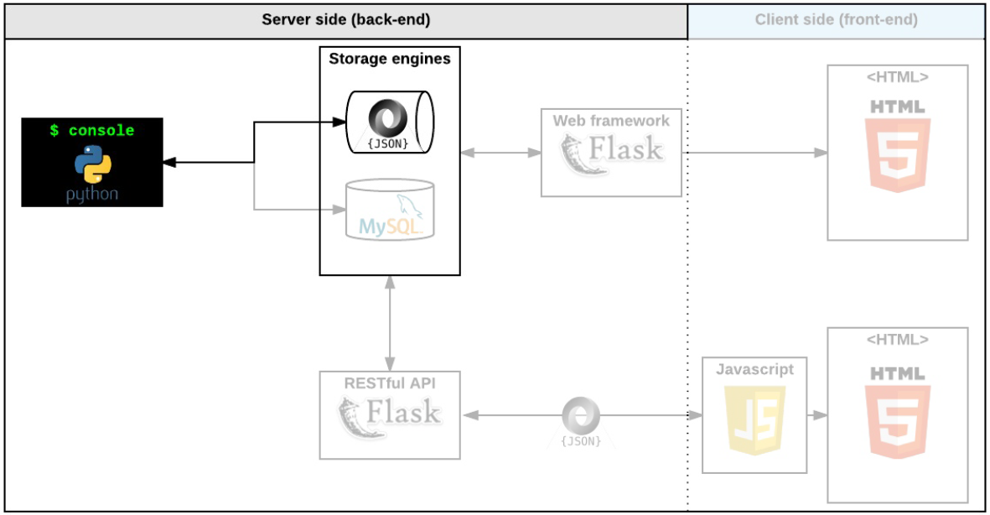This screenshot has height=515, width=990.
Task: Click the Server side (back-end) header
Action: [346, 20]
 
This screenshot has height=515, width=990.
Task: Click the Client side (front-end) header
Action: [836, 20]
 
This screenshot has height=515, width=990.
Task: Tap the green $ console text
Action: [92, 131]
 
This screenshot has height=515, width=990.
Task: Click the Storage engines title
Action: [390, 59]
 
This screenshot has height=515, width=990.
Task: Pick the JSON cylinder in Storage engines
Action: [390, 122]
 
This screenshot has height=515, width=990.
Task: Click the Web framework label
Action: [611, 121]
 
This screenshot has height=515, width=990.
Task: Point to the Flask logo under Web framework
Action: [611, 155]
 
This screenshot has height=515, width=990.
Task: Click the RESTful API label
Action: [390, 383]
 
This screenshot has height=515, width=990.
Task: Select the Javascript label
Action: [754, 369]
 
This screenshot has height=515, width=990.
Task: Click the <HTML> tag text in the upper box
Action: [898, 77]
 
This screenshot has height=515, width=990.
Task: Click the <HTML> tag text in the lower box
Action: [898, 340]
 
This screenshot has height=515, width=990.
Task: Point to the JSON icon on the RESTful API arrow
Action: [581, 419]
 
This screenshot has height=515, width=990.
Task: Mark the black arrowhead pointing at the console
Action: [169, 163]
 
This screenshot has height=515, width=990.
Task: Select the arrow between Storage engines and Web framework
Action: [500, 153]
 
